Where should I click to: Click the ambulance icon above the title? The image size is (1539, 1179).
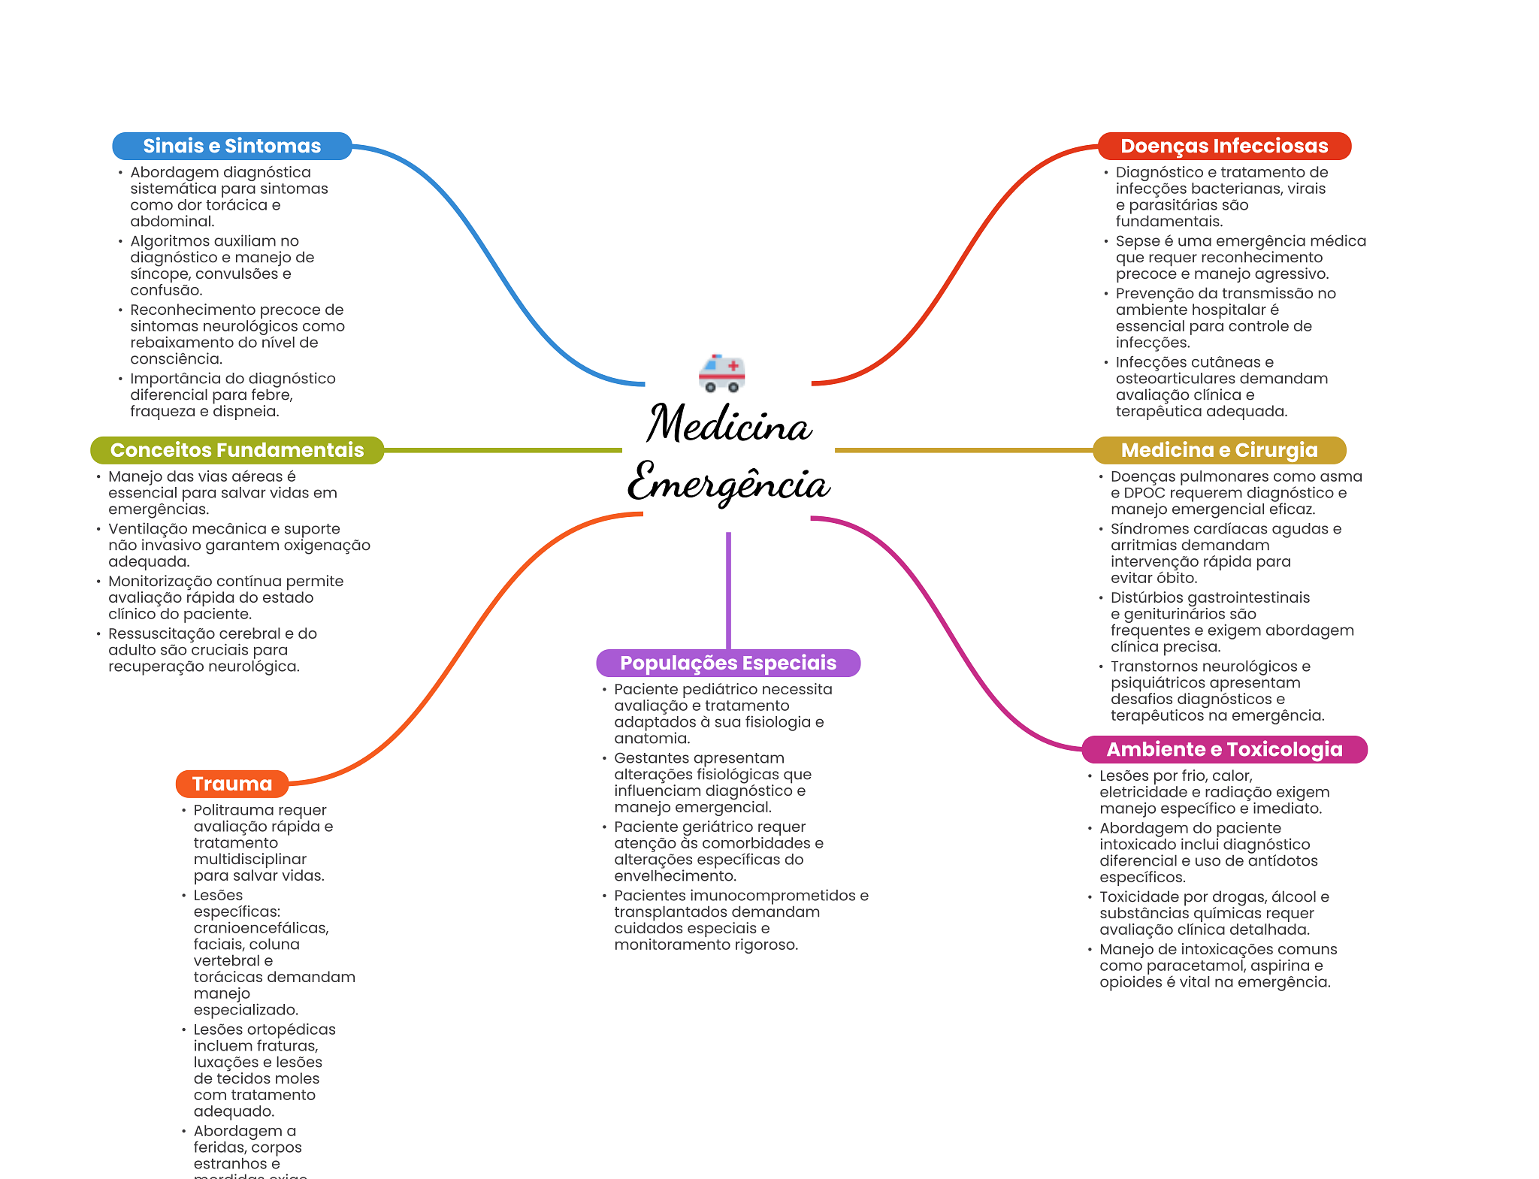coord(721,373)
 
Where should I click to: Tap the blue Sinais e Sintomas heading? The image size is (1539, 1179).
coord(232,146)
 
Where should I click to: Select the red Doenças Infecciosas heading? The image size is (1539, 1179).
coord(1224,146)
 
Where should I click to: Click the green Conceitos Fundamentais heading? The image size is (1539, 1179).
coord(237,450)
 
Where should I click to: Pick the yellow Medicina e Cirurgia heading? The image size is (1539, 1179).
coord(1219,450)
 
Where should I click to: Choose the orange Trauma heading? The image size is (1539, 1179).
coord(232,784)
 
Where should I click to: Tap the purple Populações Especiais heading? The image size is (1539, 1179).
coord(728,663)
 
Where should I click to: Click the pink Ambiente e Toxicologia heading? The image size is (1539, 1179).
coord(1224,749)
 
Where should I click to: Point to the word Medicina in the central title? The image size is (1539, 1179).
coord(729,424)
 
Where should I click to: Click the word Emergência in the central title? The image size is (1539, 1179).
coord(729,482)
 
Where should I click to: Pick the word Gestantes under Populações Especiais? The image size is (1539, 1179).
coord(651,758)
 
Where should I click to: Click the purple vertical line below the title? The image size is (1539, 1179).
coord(728,591)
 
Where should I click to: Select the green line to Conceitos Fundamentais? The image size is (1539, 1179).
coord(503,450)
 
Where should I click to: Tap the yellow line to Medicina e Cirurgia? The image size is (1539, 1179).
coord(964,450)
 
